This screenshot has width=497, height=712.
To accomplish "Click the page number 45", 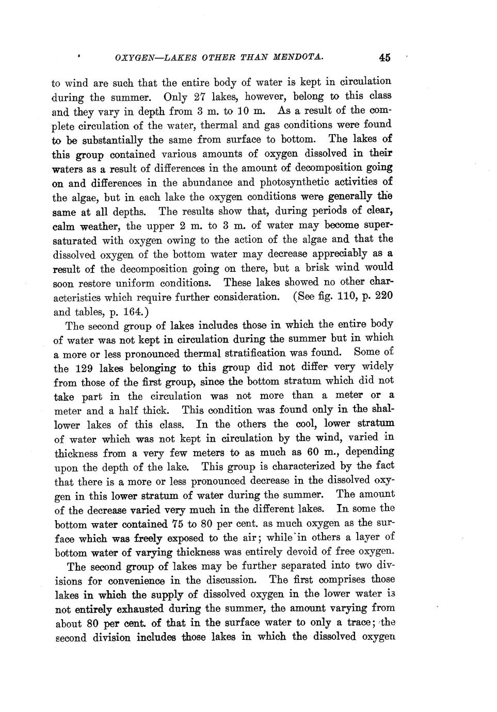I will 384,58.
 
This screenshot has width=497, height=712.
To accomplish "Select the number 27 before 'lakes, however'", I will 199,97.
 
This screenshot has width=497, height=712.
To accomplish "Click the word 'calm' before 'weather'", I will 64,226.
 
